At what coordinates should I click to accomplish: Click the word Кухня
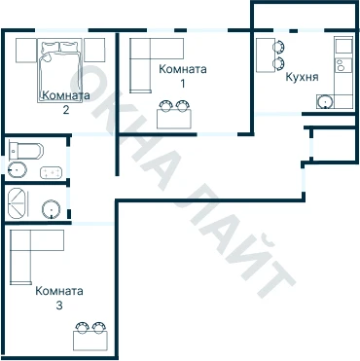tap(302, 77)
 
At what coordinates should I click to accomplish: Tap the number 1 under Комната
tap(183, 84)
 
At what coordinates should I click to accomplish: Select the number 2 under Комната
tap(66, 110)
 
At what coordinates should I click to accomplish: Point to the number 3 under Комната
tap(59, 306)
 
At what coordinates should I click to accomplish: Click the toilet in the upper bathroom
tap(26, 151)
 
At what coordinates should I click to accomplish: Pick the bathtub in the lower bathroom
tap(18, 203)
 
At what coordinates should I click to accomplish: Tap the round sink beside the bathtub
tap(52, 209)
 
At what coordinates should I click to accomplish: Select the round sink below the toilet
tap(18, 169)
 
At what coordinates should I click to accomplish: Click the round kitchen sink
tap(324, 102)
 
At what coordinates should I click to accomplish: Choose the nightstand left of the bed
tap(26, 51)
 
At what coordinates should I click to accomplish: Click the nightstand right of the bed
tap(94, 51)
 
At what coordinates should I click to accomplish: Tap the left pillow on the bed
tap(50, 47)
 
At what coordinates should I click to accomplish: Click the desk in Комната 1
tap(174, 119)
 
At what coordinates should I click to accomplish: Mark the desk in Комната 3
tap(90, 341)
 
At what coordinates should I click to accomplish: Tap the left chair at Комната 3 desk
tap(82, 327)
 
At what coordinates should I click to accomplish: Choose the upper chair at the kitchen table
tap(279, 47)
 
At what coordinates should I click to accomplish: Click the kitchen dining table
tap(266, 55)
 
